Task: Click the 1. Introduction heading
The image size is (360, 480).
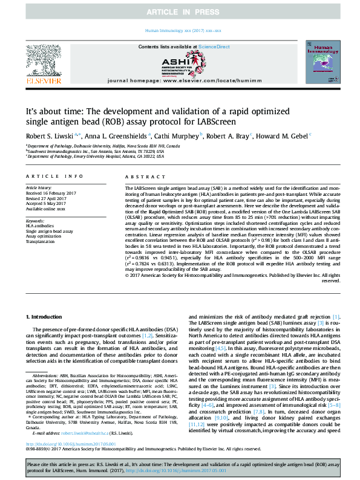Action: [x=46, y=316]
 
